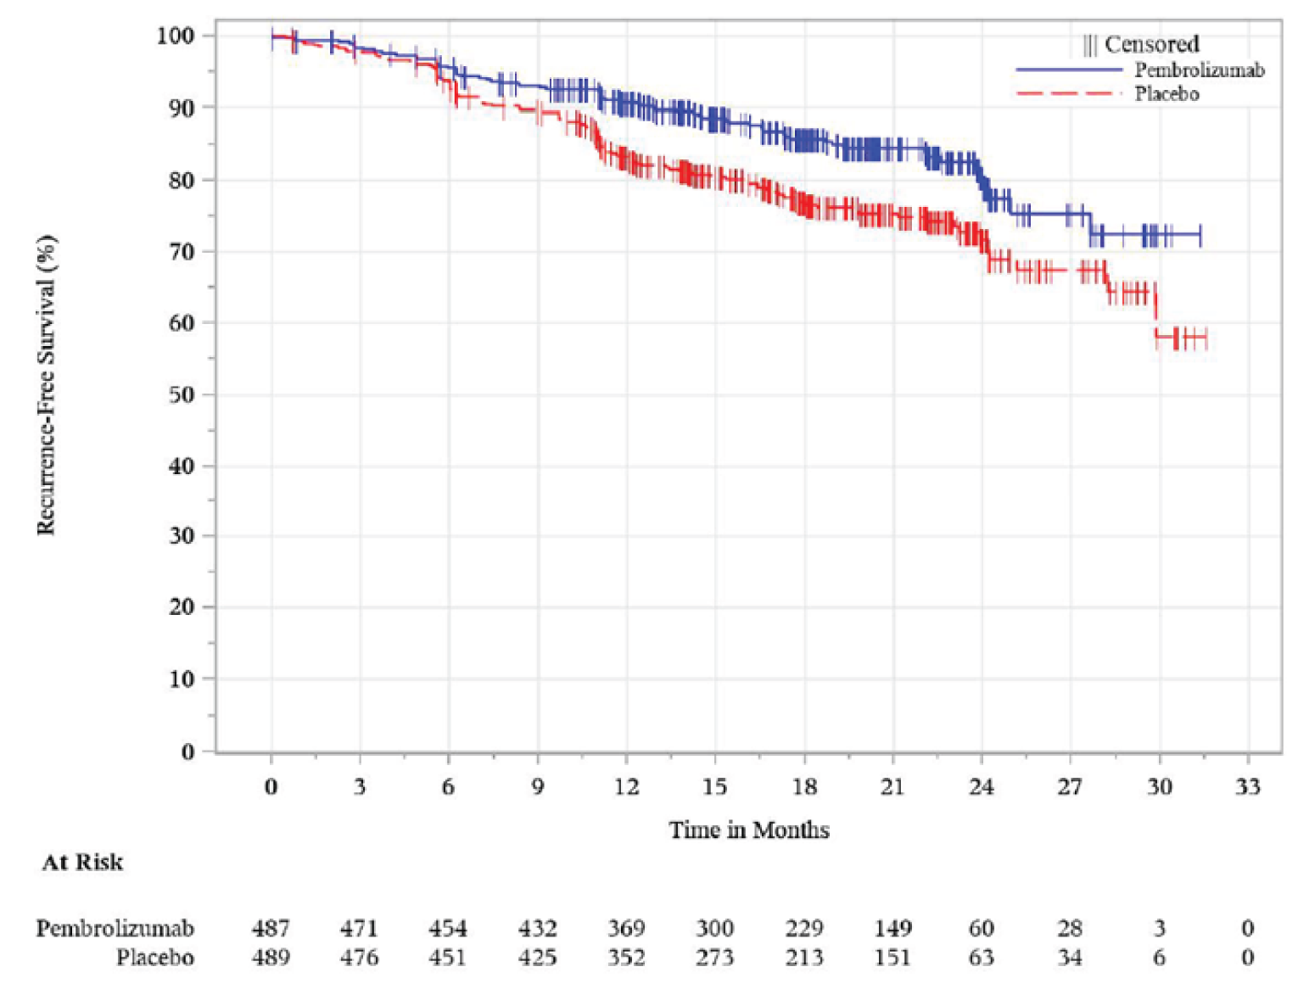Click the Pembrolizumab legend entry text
[1199, 70]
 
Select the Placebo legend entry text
[1167, 94]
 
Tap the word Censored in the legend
[1151, 44]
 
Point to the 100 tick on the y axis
[176, 36]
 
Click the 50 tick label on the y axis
[181, 394]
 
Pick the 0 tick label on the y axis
[187, 752]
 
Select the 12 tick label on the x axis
[626, 787]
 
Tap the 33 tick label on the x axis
[1247, 787]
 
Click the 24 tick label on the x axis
[981, 787]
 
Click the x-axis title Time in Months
[748, 830]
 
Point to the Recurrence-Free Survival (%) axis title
[46, 385]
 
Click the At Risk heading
[82, 863]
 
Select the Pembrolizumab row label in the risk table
[115, 929]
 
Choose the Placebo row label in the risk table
[155, 958]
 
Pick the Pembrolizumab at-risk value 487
[271, 929]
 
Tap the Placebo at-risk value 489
[271, 958]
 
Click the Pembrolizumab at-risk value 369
[626, 929]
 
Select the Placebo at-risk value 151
[892, 958]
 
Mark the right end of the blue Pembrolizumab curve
[1200, 234]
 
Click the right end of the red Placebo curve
[1206, 338]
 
